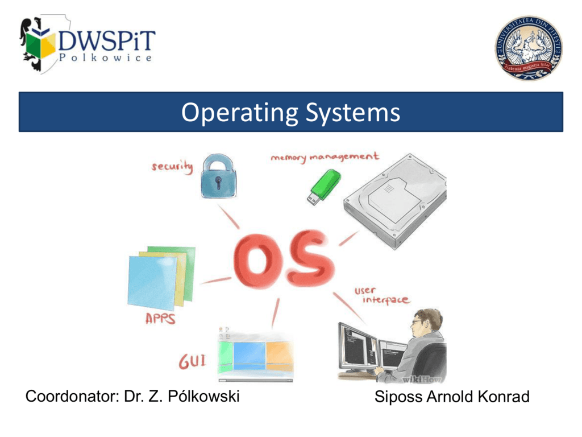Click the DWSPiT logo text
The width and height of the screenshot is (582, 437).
pos(106,40)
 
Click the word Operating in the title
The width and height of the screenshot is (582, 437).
pos(239,113)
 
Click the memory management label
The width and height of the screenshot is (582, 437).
pos(325,156)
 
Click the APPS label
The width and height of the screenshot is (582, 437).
pos(160,319)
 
